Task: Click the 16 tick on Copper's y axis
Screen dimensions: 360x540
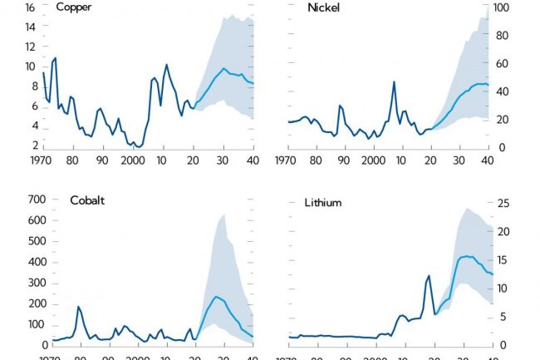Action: [x=29, y=7]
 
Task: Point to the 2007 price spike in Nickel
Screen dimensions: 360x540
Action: [x=394, y=81]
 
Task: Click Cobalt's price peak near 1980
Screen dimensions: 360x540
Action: [x=79, y=307]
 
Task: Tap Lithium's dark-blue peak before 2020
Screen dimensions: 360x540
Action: [x=429, y=275]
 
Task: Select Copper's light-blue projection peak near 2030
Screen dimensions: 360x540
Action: [x=223, y=68]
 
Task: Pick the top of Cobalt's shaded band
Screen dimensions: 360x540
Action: [x=223, y=215]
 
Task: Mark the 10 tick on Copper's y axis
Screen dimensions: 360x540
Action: [x=29, y=67]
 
